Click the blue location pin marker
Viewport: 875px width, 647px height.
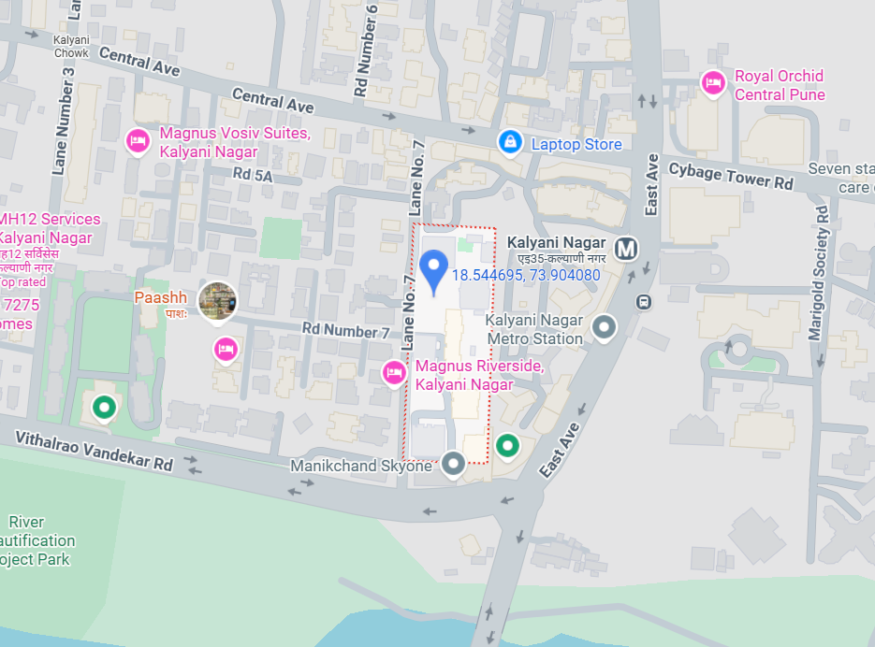click(432, 271)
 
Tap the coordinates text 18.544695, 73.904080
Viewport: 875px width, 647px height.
click(526, 275)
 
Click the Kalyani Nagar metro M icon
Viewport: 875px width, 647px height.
click(626, 248)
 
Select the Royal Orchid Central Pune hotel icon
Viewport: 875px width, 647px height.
click(713, 83)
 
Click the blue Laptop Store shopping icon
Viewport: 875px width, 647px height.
click(510, 141)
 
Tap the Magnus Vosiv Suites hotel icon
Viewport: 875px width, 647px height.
click(138, 140)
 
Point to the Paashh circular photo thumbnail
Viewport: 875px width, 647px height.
click(218, 300)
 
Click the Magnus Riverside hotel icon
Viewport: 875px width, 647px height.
click(395, 373)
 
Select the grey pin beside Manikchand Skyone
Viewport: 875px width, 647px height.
click(454, 463)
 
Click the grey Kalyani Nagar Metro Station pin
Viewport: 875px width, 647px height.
click(605, 326)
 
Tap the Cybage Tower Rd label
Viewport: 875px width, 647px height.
click(731, 176)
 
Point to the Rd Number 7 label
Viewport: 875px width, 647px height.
click(345, 331)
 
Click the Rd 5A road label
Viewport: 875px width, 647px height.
click(253, 175)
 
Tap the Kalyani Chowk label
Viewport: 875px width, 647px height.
click(71, 47)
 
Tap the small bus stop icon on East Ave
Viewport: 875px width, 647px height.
click(644, 301)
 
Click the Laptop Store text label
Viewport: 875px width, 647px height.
click(576, 144)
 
